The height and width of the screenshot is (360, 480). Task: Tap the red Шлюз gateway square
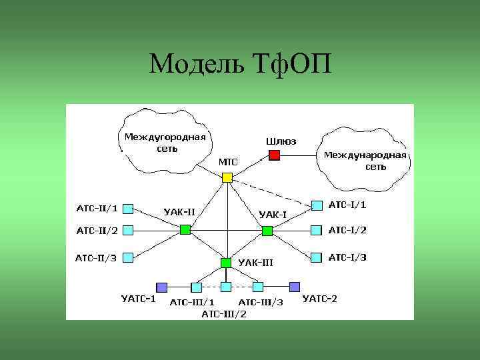tap(273, 155)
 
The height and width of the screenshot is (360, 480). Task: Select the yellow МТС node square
tap(227, 177)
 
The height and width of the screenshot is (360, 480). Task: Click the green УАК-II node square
tap(185, 230)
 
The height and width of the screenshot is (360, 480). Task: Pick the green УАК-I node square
tap(267, 231)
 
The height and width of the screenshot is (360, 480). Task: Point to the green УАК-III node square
tap(226, 263)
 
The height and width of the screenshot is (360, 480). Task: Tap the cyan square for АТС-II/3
tap(129, 257)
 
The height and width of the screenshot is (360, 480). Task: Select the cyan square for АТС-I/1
tap(317, 205)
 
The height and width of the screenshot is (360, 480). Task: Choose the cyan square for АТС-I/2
tap(317, 230)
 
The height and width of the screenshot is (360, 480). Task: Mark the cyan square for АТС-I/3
tap(317, 257)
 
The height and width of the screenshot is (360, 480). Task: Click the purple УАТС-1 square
tap(161, 287)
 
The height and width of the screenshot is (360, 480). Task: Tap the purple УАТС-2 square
tap(295, 287)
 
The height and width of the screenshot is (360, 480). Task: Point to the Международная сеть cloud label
tap(365, 161)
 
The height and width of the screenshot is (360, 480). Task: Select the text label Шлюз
tap(281, 141)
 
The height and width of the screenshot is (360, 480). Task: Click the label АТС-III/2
tap(224, 314)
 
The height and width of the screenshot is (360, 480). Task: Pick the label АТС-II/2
tap(97, 231)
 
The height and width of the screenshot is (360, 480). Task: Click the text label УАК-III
tap(255, 262)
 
